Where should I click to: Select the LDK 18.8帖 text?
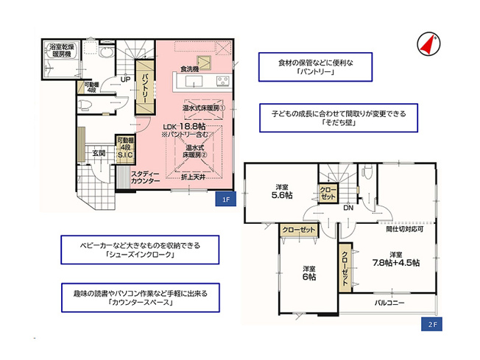(x=186, y=126)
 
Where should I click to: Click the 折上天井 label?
(x=193, y=177)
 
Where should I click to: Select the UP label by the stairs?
(x=125, y=80)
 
